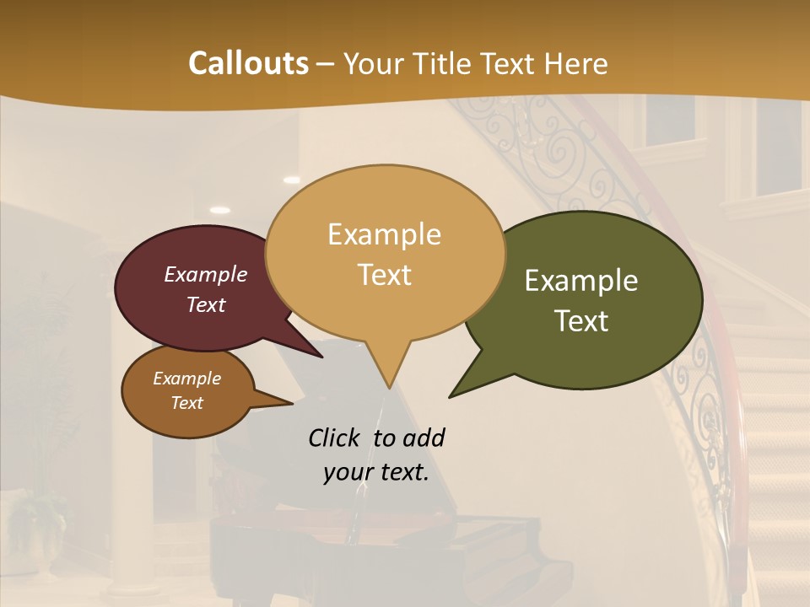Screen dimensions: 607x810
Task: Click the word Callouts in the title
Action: (248, 63)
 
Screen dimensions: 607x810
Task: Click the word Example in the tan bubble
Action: (384, 234)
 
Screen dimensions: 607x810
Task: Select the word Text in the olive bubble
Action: (581, 321)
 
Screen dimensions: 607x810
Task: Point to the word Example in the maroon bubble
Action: (206, 274)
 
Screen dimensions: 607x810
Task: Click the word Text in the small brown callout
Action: (186, 403)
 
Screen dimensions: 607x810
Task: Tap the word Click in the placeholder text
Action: (335, 438)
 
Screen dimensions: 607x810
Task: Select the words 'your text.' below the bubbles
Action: (376, 473)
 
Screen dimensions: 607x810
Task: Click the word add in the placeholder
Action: (424, 438)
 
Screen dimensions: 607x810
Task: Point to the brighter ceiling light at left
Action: (219, 210)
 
